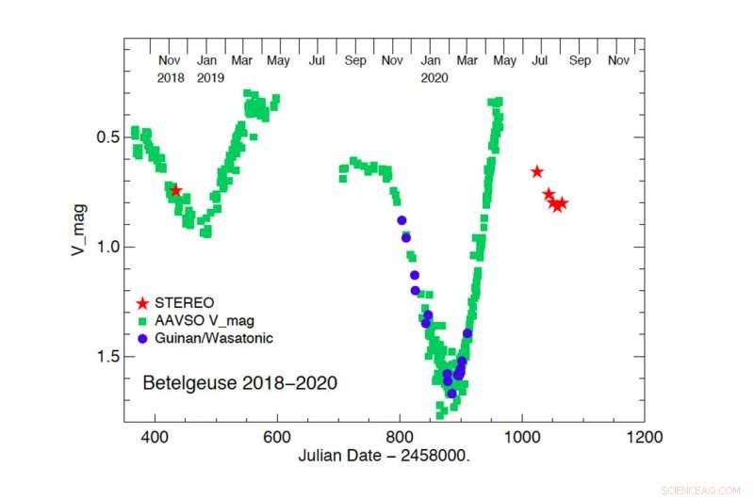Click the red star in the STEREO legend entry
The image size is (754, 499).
click(x=142, y=303)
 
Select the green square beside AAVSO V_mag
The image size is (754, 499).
click(x=142, y=320)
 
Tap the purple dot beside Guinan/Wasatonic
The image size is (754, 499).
click(x=142, y=337)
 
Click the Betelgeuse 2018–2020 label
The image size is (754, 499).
click(x=239, y=383)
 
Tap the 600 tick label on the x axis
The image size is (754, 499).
click(x=277, y=438)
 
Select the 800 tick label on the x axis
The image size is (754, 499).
click(x=400, y=438)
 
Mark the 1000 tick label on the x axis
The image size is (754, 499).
click(x=521, y=438)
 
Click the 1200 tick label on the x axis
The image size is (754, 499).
click(x=644, y=438)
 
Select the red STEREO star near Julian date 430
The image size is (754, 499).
click(x=175, y=190)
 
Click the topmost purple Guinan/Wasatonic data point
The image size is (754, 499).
click(x=402, y=220)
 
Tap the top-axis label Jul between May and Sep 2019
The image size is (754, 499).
click(x=317, y=61)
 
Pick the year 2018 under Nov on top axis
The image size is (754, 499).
click(x=171, y=78)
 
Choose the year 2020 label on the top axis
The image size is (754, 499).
click(x=434, y=78)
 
